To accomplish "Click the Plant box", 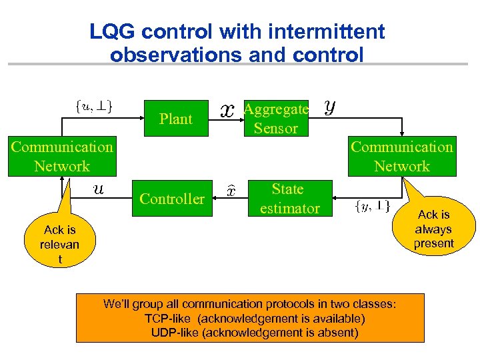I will tap(176, 119).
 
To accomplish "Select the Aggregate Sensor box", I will tap(275, 119).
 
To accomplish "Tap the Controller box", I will tap(172, 198).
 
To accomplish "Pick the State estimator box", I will tap(289, 199).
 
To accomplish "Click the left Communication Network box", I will tap(61, 157).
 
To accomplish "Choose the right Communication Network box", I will tap(402, 157).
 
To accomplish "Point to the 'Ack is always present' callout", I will tap(433, 229).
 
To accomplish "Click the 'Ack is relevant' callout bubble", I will tap(60, 244).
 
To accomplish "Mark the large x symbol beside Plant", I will tap(227, 111).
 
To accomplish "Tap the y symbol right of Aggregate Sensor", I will tap(329, 107).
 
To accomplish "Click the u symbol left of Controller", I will tap(98, 189).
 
